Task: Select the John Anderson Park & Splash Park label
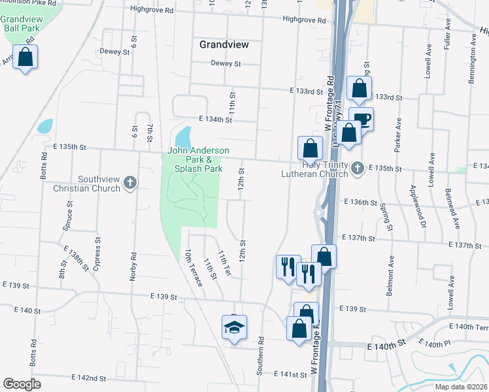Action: pos(198,159)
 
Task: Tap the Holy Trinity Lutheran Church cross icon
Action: pos(357,169)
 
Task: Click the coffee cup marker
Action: pos(362,119)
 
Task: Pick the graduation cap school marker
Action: pos(233,327)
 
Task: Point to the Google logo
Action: pos(22,384)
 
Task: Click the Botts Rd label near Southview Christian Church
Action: pos(44,167)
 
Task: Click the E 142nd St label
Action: pos(88,378)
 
